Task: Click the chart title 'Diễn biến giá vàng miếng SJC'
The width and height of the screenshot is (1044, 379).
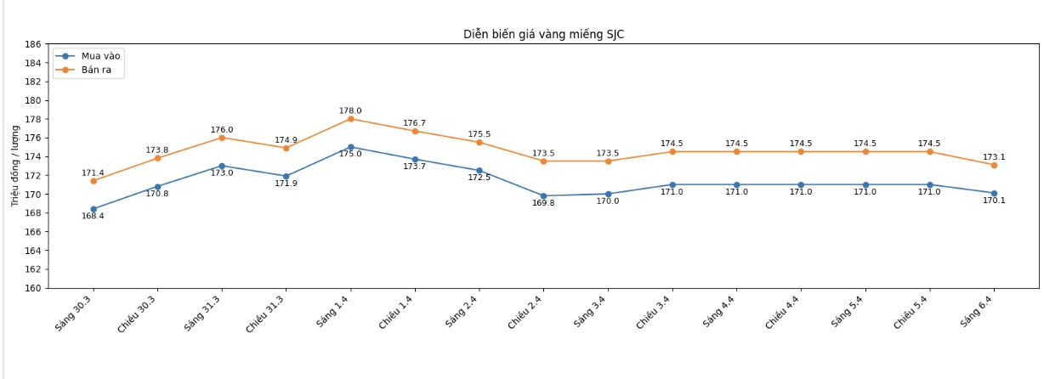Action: click(x=544, y=34)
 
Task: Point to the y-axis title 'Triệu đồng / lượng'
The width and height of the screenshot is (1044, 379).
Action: click(x=14, y=166)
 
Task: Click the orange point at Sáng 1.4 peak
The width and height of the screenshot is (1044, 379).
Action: click(x=350, y=119)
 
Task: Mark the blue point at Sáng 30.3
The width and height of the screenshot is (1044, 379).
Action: click(x=94, y=209)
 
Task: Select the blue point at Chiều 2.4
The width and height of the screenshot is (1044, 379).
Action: click(x=543, y=196)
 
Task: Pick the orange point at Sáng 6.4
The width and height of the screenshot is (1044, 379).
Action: click(x=994, y=165)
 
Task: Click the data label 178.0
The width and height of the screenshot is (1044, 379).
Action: click(x=350, y=110)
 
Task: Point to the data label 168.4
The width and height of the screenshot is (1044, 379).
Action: click(x=93, y=217)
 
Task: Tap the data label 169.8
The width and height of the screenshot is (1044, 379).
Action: click(x=543, y=203)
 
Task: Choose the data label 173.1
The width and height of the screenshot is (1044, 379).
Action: click(x=994, y=157)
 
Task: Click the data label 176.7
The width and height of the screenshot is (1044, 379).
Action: click(x=414, y=123)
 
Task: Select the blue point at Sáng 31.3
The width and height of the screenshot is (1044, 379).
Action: click(x=222, y=166)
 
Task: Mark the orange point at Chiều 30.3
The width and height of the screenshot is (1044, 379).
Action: click(x=157, y=158)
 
